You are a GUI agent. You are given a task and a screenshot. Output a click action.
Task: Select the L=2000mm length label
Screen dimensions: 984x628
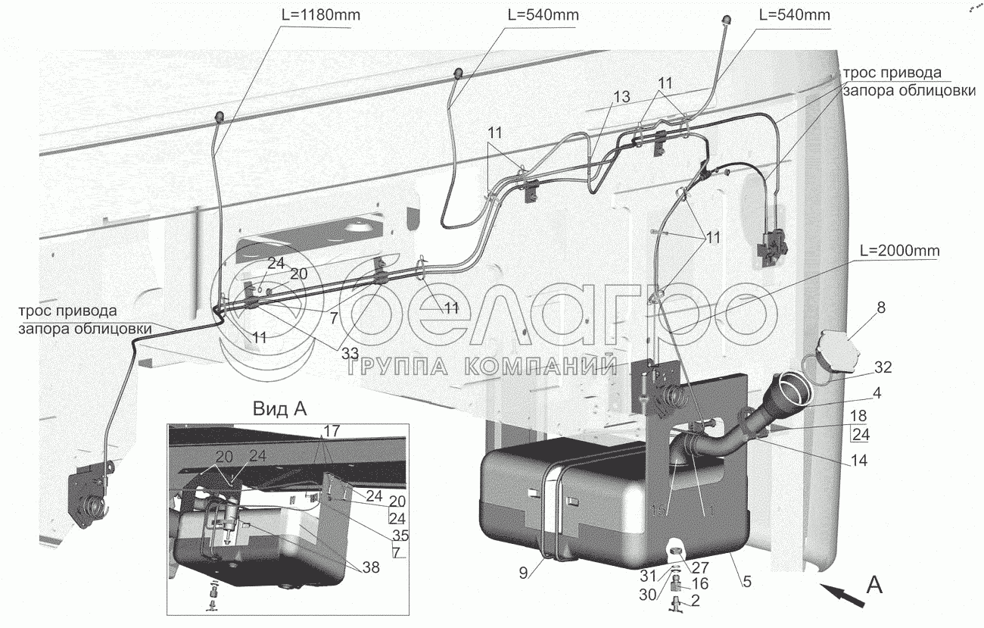[898, 250]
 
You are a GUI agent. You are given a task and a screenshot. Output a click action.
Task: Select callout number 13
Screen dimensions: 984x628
[621, 97]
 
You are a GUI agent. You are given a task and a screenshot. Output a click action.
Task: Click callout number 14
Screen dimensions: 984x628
[859, 460]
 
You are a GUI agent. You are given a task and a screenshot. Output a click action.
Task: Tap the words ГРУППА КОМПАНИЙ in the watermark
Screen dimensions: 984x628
[481, 367]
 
